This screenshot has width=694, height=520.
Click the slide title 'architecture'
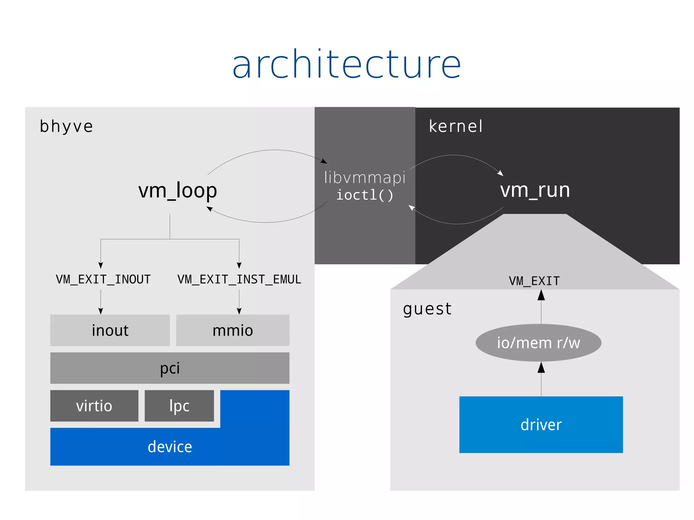click(346, 64)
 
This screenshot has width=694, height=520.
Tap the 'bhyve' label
click(66, 126)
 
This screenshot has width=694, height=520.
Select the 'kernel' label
click(455, 126)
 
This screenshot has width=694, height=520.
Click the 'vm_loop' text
click(178, 190)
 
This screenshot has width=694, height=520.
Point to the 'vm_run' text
click(535, 190)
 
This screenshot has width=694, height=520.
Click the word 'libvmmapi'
click(365, 178)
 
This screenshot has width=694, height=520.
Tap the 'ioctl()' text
click(365, 195)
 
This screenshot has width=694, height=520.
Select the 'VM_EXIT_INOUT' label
click(103, 279)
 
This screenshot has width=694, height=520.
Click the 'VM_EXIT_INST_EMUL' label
click(239, 279)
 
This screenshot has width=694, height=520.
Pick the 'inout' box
click(110, 330)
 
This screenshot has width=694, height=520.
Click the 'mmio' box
click(233, 330)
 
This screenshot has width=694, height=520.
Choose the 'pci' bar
click(170, 368)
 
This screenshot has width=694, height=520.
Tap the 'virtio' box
click(94, 406)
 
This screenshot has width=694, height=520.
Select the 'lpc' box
click(179, 406)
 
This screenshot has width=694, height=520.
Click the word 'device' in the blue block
click(170, 447)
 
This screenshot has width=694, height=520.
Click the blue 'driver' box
click(541, 425)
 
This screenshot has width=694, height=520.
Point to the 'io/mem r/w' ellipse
click(538, 343)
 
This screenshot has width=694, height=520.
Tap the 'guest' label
click(427, 309)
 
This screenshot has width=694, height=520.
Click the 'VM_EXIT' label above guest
click(534, 281)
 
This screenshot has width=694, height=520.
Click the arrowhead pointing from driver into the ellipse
click(541, 368)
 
